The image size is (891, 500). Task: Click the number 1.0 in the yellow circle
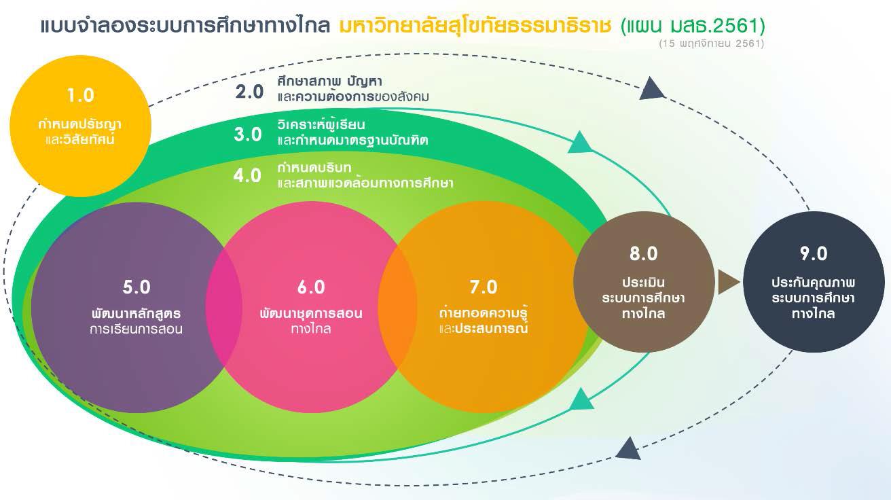coord(80,96)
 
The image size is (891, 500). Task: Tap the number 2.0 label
coord(249,92)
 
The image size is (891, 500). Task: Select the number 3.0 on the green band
coord(248,135)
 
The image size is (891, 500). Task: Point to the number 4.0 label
coord(247,175)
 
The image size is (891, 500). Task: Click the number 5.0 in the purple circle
coord(137,287)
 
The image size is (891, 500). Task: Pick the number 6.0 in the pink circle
coord(311,287)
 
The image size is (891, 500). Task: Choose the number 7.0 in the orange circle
coord(484,287)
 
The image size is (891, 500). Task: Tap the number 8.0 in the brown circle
coord(644,254)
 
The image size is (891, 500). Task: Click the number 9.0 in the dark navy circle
coord(814,254)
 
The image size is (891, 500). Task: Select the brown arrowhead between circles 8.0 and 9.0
coord(728,283)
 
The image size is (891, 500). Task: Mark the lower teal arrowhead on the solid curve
coord(581,399)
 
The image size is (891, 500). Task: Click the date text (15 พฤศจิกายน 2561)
coord(712,43)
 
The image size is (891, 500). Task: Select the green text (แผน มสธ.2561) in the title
coord(693,26)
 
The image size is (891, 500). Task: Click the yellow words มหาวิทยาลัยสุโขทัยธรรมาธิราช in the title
coord(475,26)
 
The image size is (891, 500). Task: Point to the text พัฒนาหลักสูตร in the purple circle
coord(136,313)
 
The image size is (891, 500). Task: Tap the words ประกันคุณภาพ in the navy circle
coord(814,283)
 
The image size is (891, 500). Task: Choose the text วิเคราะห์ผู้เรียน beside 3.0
coord(321,125)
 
